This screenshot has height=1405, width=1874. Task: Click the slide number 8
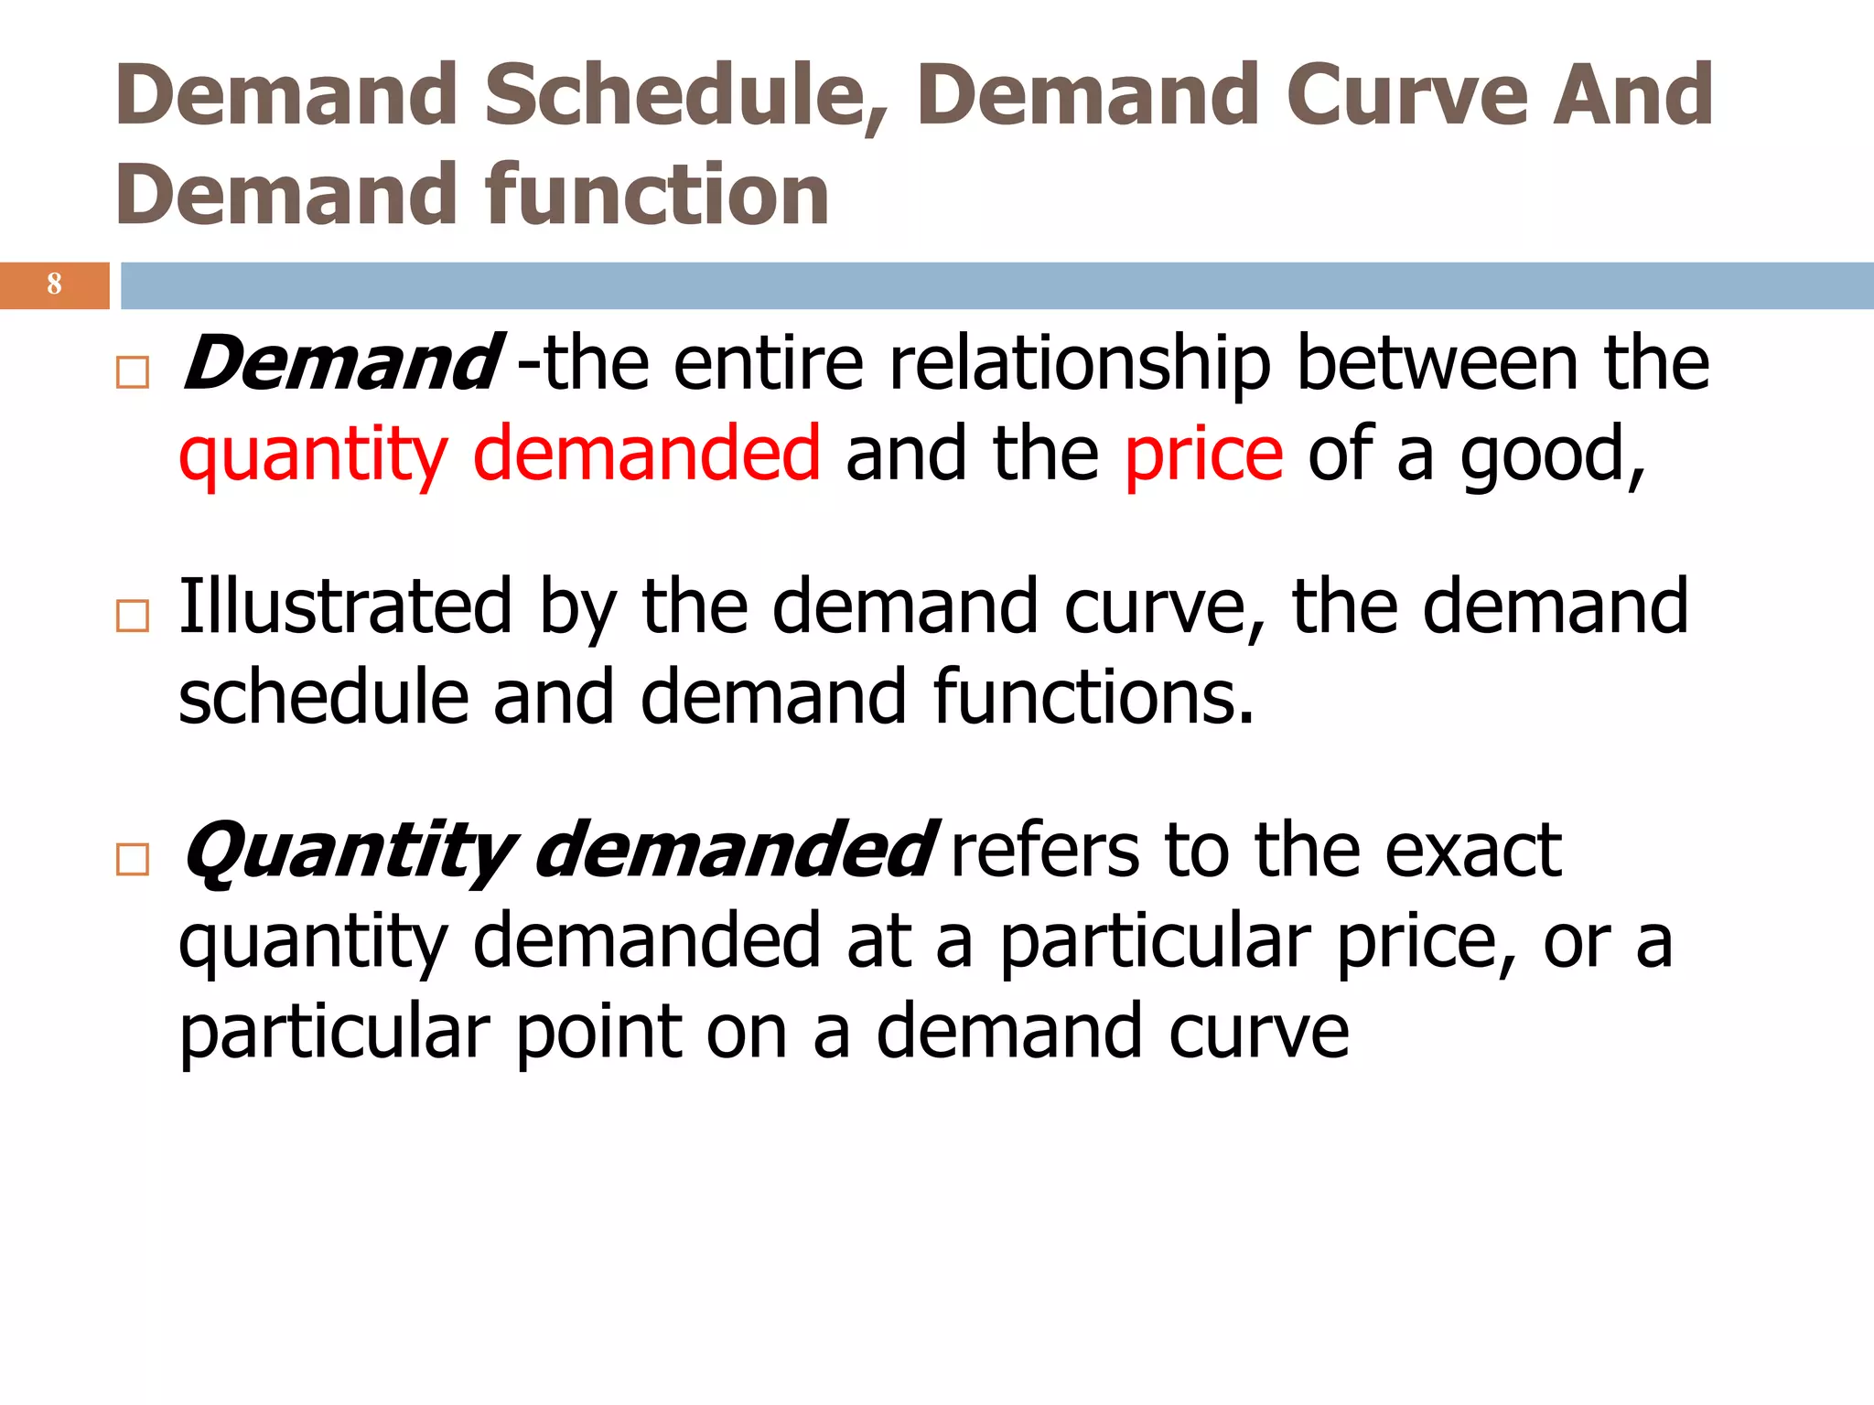pos(54,284)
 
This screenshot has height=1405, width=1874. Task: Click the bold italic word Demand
pos(340,363)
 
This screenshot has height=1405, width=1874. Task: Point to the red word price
pos(1204,455)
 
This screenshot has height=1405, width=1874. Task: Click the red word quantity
pos(313,455)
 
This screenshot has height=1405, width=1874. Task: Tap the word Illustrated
pos(345,606)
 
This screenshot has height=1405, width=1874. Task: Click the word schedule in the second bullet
pos(324,697)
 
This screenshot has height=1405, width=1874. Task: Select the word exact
pos(1473,851)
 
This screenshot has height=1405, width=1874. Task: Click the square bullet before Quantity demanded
pos(133,860)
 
